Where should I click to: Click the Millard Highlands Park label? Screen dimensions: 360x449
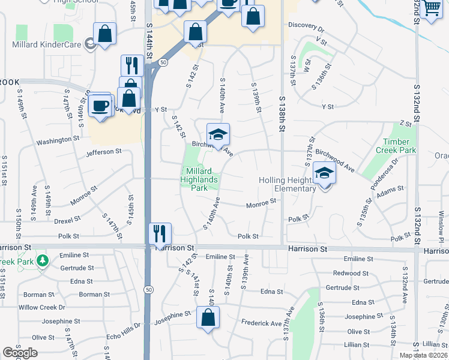click(x=199, y=179)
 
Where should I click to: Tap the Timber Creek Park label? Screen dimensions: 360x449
click(x=396, y=146)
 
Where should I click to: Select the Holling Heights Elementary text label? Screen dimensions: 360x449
click(x=287, y=184)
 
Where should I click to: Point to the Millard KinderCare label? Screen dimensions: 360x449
click(x=46, y=44)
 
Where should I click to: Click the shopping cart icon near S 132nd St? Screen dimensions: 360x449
click(x=432, y=8)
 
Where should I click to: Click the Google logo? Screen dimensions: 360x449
click(x=19, y=353)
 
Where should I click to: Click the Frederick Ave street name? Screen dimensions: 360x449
click(x=261, y=323)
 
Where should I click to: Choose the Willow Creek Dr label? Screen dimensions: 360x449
click(x=41, y=307)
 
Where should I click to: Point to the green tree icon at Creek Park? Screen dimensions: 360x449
click(x=43, y=260)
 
